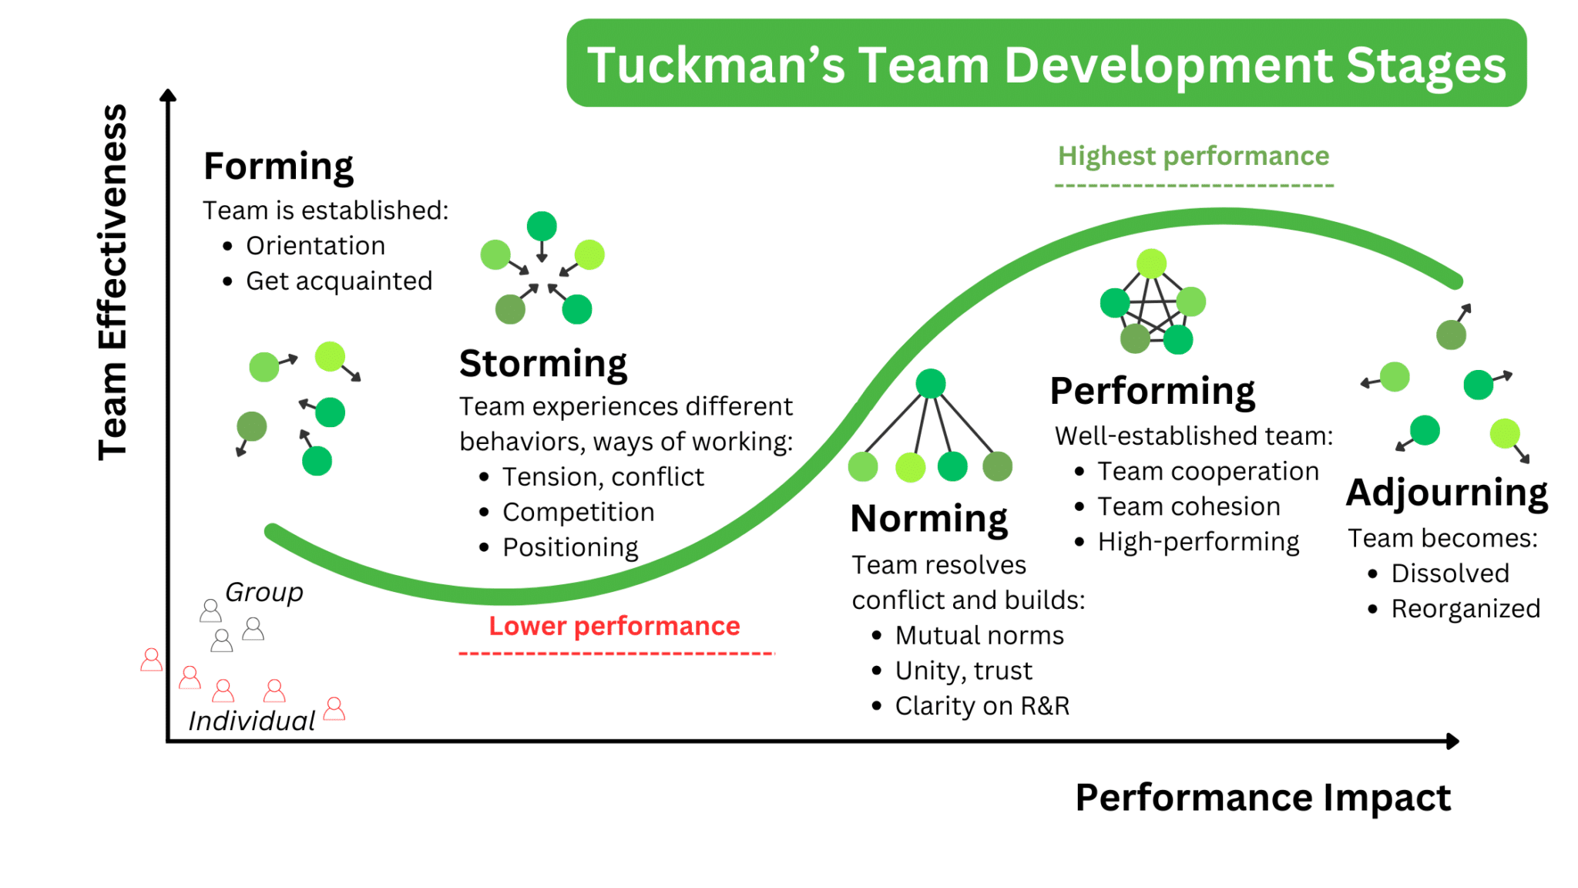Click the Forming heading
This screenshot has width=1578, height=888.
pos(278,166)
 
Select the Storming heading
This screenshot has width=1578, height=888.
pos(543,363)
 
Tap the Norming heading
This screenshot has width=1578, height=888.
pos(928,519)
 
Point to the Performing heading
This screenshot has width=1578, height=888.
pos(1152,391)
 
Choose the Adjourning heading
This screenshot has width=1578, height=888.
pos(1446,493)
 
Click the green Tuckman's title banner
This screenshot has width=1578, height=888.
pos(1046,64)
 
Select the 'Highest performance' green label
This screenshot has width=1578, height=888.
pos(1193,156)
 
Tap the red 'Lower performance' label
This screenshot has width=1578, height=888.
pos(614,626)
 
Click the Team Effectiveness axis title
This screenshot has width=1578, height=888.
pos(112,282)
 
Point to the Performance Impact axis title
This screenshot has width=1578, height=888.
pos(1262,797)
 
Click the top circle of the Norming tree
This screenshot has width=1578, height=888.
pos(930,383)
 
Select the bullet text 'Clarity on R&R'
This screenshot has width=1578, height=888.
pos(982,706)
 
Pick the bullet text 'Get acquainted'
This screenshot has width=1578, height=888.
pos(339,281)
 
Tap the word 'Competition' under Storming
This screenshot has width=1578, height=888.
pos(578,513)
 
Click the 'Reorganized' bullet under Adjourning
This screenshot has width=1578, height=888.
pos(1465,609)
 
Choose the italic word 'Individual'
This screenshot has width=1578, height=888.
pos(252,721)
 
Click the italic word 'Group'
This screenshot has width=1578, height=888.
pos(264,592)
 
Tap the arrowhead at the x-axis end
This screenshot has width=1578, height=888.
pos(1452,741)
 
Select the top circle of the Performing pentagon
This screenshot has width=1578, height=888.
pos(1151,264)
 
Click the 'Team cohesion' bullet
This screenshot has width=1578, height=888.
pos(1188,507)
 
